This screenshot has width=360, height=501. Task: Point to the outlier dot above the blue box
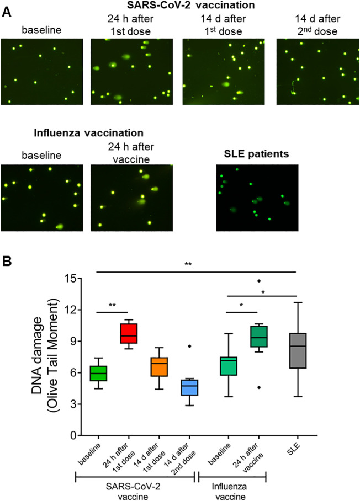coord(189,346)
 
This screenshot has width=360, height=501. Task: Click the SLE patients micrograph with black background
coord(257,197)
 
